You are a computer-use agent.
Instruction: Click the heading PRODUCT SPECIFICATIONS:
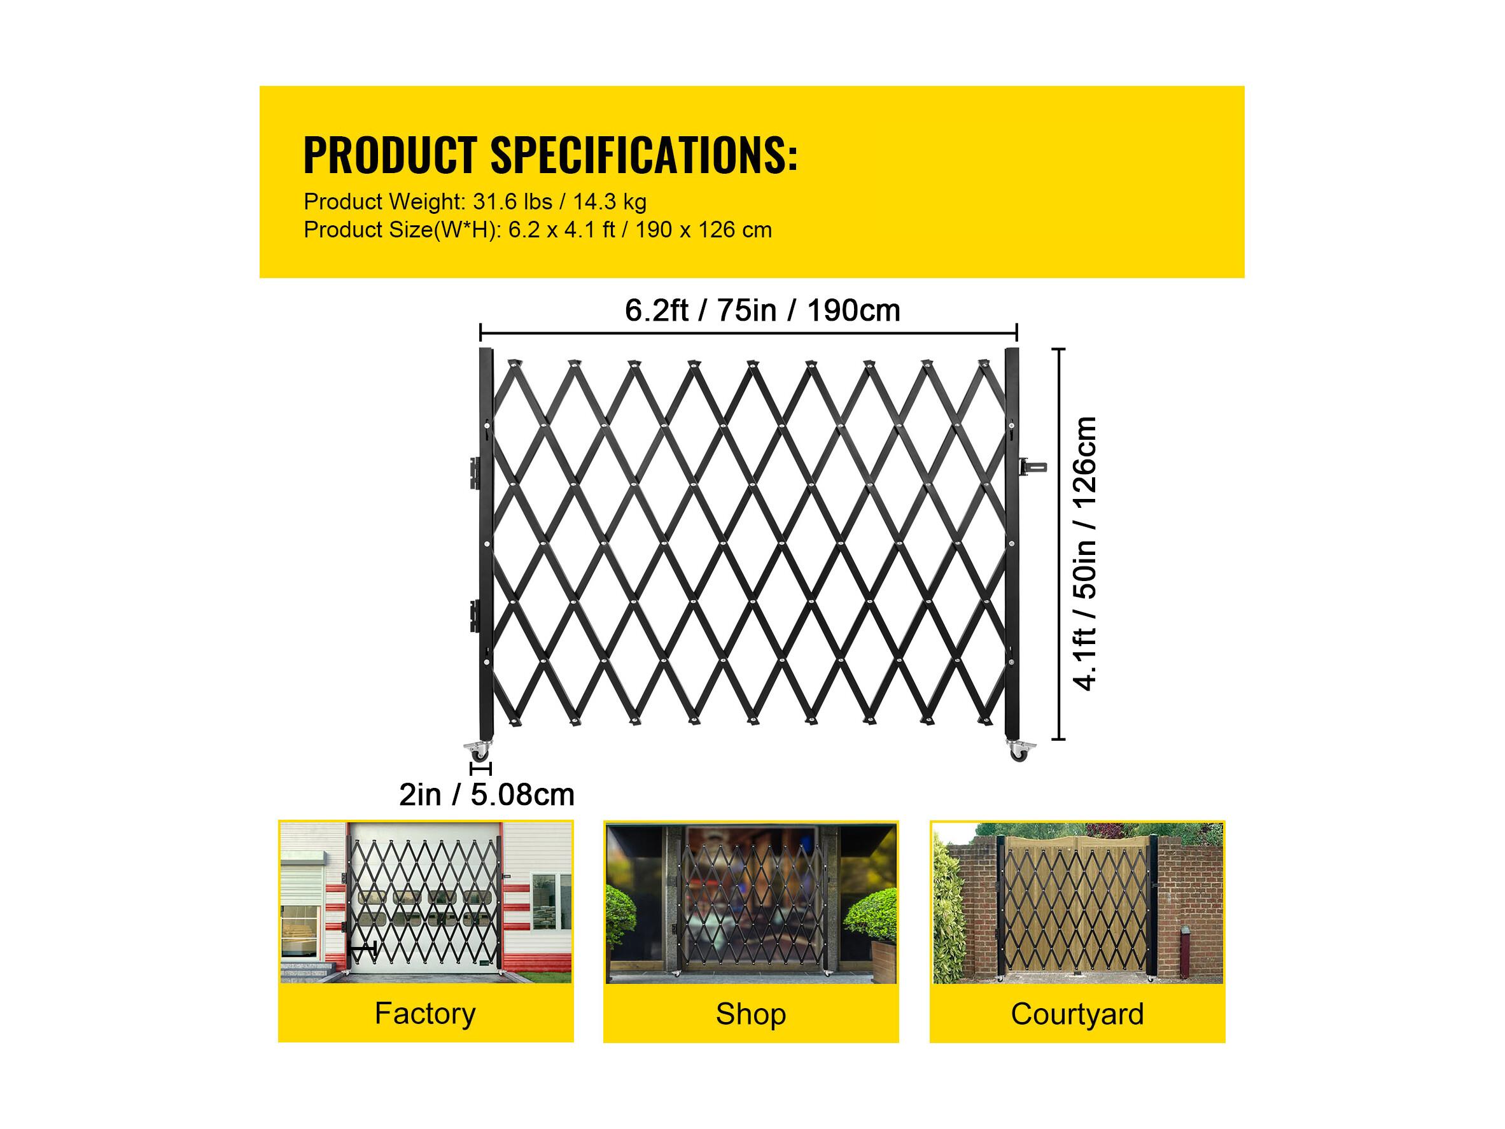[x=550, y=155]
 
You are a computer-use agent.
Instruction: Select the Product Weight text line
[x=475, y=202]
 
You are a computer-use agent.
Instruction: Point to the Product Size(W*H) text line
[x=538, y=230]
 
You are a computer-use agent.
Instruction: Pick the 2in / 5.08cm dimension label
[x=486, y=794]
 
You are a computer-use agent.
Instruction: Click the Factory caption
[x=424, y=1013]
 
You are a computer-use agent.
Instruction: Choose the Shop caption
[x=750, y=1014]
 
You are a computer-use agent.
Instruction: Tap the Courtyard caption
[x=1077, y=1014]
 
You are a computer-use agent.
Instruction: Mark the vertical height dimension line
[x=1059, y=543]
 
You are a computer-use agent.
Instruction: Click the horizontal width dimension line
[x=748, y=333]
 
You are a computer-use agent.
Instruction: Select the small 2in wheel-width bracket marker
[x=480, y=769]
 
